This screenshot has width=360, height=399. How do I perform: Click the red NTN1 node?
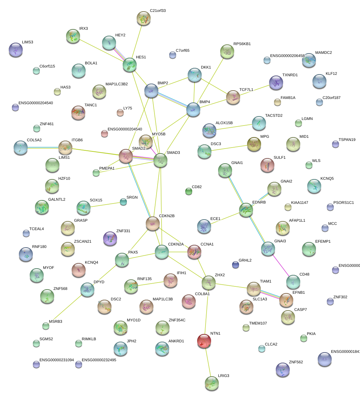[x=204, y=341]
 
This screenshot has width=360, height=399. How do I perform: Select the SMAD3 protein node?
[x=160, y=160]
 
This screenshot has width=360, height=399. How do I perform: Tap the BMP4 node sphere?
[x=193, y=109]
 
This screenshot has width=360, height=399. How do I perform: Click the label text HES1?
[x=141, y=57]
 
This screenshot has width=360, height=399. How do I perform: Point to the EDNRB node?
[x=246, y=209]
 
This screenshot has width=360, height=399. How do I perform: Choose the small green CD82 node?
[x=189, y=191]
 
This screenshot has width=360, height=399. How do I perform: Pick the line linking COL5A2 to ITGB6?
[x=43, y=148]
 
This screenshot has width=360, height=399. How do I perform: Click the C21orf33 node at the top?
[x=144, y=19]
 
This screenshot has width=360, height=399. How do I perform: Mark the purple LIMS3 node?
[x=16, y=50]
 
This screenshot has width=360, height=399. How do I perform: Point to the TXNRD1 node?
[x=276, y=83]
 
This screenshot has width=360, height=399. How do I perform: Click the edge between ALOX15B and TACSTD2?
[x=234, y=126]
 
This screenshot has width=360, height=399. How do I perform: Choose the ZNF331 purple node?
[x=110, y=238]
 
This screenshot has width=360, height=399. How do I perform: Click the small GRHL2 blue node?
[x=236, y=265]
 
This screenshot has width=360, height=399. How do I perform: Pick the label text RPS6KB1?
[x=242, y=44]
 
